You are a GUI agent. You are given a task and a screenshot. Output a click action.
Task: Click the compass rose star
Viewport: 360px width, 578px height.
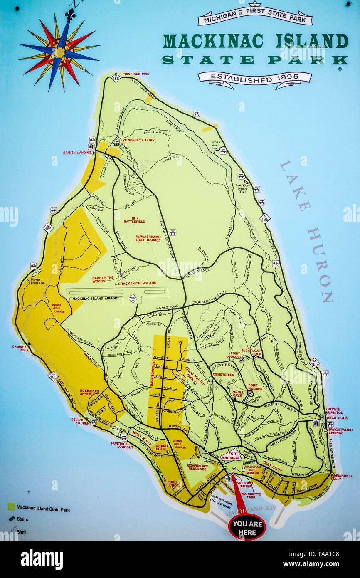(59, 52)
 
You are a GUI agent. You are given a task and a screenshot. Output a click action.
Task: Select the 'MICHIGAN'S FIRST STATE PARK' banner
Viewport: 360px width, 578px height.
(254, 19)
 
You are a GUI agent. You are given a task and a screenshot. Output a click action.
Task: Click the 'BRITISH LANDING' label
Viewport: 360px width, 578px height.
(77, 153)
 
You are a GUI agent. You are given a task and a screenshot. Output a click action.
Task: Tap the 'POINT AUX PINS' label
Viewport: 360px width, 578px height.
(136, 74)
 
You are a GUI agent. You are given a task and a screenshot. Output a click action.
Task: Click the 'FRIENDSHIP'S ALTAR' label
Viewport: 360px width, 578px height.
(137, 140)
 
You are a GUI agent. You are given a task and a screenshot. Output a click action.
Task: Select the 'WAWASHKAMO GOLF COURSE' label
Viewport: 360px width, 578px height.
(148, 238)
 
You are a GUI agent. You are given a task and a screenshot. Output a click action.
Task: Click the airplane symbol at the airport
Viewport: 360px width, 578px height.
(133, 298)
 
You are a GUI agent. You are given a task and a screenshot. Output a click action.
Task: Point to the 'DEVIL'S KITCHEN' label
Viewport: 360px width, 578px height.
(80, 421)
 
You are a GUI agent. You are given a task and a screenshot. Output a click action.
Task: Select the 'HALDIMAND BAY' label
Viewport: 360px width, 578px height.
(245, 509)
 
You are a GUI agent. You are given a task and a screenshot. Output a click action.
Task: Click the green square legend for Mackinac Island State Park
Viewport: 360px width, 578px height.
(11, 506)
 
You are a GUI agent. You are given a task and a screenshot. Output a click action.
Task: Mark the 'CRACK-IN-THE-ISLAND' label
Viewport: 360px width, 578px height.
(137, 283)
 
